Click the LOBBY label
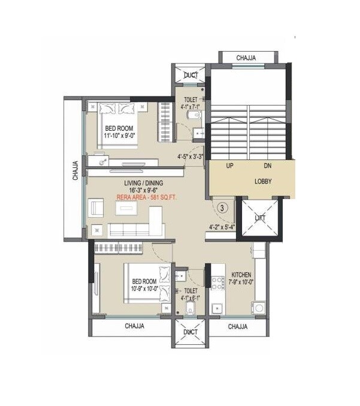click(252, 180)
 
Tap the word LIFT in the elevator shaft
click(259, 218)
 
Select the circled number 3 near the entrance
click(222, 208)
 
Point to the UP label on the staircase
click(229, 166)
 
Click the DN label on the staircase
click(268, 166)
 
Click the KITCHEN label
click(241, 275)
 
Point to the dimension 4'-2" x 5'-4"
click(222, 227)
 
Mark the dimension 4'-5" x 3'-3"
click(190, 158)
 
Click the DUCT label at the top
click(190, 75)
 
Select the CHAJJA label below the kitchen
click(238, 327)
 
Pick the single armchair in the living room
click(96, 207)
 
